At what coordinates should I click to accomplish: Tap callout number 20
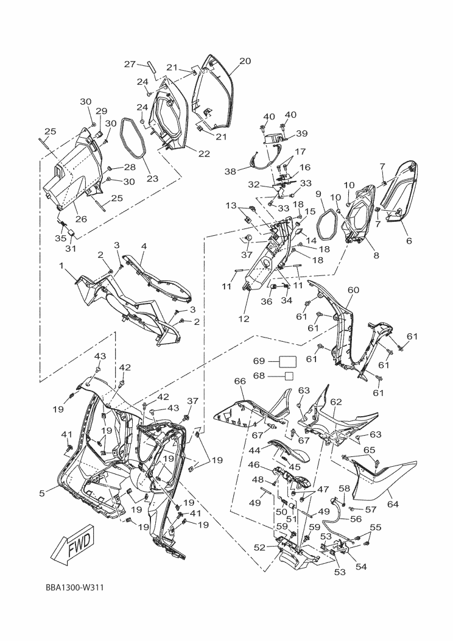tap(245, 61)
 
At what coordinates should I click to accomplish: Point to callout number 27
tap(130, 64)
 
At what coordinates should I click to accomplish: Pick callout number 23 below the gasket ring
tap(152, 179)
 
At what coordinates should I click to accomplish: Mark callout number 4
tap(143, 247)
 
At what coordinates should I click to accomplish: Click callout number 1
tap(62, 266)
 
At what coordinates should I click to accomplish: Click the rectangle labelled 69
tap(287, 361)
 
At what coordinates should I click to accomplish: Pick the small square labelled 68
tap(290, 375)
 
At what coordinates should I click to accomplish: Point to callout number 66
tap(239, 381)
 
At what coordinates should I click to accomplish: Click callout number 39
tap(302, 134)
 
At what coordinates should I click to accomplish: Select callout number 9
tap(318, 194)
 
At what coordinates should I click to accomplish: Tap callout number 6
tap(409, 241)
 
